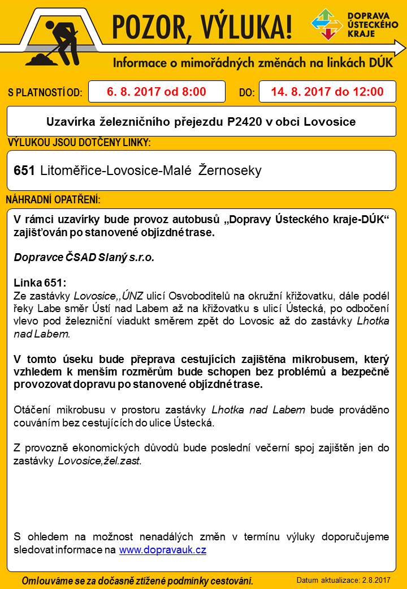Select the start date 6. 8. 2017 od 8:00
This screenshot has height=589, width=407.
coord(157,92)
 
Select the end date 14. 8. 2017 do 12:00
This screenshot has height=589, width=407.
coord(327,92)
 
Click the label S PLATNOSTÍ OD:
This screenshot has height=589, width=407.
coord(45,93)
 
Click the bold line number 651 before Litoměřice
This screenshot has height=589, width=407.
coord(25,170)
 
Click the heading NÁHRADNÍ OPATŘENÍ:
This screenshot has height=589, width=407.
coord(53,201)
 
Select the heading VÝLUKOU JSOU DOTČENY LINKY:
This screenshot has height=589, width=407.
coord(79,143)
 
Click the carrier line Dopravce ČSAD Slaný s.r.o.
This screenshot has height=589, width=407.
coord(84,257)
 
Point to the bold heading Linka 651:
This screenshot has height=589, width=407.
coord(40,283)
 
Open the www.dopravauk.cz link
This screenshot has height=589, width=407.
coord(162,550)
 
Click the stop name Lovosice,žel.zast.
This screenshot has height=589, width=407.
coord(99,461)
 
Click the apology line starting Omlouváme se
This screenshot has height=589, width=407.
coord(137,581)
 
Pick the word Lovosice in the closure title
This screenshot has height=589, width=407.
coord(331,122)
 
